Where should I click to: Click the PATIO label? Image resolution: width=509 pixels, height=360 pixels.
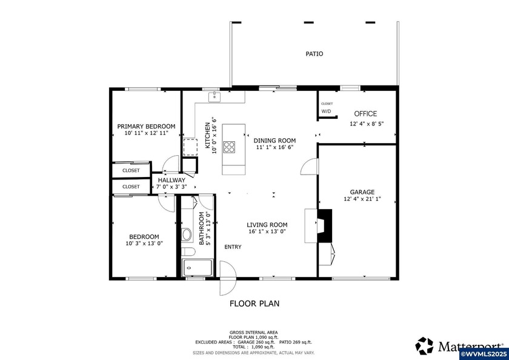(x=314, y=54)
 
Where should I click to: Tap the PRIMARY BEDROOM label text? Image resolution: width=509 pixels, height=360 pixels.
(x=146, y=126)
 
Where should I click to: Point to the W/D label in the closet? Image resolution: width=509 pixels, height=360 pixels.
(x=326, y=112)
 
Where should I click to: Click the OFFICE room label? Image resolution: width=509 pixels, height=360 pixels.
(x=365, y=113)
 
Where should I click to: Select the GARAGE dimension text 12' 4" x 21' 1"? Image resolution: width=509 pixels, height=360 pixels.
(x=363, y=199)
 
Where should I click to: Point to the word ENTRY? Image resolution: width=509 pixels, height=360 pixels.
(x=233, y=247)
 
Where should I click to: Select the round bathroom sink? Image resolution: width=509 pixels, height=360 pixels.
(x=187, y=234)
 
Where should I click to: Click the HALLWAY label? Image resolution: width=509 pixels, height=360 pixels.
(x=171, y=180)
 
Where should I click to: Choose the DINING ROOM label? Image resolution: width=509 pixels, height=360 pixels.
(x=274, y=139)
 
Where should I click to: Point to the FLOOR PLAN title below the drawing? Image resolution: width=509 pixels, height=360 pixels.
(x=254, y=304)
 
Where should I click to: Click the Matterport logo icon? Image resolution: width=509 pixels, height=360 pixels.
(x=424, y=346)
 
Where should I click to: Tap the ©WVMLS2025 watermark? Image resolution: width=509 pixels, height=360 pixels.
(x=484, y=353)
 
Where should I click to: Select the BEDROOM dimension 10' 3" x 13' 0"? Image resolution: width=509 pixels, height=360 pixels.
(x=144, y=244)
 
